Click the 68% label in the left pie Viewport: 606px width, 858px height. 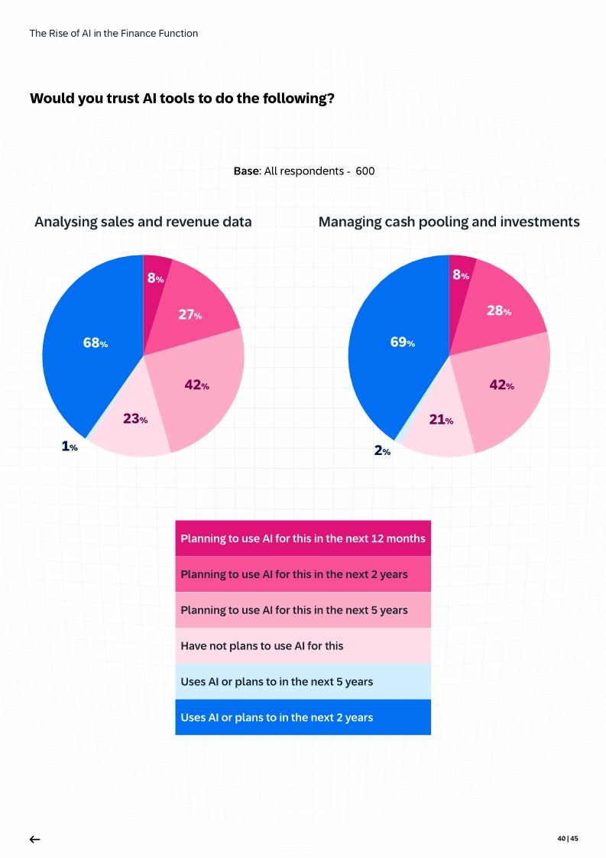[x=95, y=343]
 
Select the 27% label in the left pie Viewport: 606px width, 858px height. [x=190, y=314]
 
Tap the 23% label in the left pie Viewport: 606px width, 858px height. [x=135, y=419]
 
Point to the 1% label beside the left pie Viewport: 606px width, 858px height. [x=70, y=447]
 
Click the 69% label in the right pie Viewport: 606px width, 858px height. [x=402, y=342]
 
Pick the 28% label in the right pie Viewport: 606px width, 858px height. [x=499, y=310]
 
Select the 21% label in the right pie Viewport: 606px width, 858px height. [x=441, y=419]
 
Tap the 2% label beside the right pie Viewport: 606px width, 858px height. [x=382, y=451]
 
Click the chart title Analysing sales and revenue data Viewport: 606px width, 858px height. [x=143, y=222]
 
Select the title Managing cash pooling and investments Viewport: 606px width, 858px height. [x=449, y=222]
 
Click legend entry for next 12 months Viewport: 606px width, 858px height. [x=303, y=538]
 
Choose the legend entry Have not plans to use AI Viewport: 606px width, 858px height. [x=303, y=645]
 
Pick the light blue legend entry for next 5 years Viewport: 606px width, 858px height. [x=303, y=681]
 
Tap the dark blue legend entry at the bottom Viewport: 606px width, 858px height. [x=303, y=717]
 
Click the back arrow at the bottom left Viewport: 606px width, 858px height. [x=34, y=839]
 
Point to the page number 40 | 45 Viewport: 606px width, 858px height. [x=568, y=839]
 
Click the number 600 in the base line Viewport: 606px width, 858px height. [x=365, y=171]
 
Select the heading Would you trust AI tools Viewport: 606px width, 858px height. [x=182, y=99]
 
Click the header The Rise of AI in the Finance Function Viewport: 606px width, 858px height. [x=113, y=34]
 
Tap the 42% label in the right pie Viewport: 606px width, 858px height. [x=501, y=385]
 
